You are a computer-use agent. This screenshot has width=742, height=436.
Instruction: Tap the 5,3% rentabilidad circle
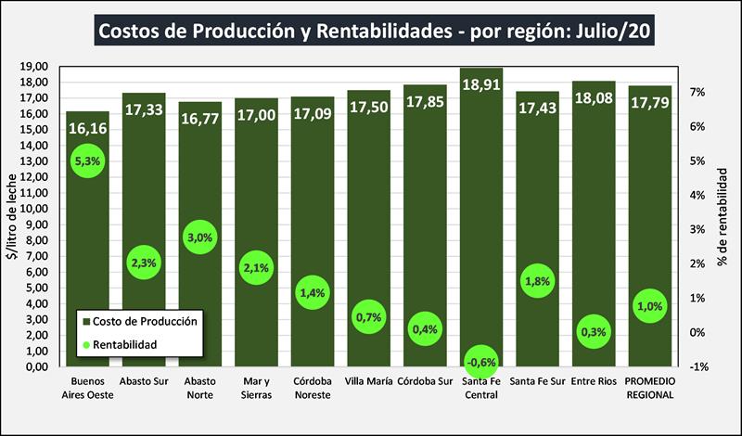tap(87, 161)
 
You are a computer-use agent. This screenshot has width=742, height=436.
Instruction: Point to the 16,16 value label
tap(87, 127)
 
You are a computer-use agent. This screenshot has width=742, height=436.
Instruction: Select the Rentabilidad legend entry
tap(130, 344)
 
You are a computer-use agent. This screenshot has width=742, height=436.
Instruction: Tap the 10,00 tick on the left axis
tap(33, 209)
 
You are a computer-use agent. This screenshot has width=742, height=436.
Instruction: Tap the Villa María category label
tap(368, 381)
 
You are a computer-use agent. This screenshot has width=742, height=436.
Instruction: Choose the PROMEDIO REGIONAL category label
tap(649, 388)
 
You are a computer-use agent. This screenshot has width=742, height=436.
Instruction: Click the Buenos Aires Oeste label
tap(87, 388)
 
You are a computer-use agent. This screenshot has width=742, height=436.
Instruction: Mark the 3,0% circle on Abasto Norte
tap(200, 237)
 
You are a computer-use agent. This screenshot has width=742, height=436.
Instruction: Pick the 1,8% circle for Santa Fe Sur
tap(536, 279)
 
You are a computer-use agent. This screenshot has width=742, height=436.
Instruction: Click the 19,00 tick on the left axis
tap(33, 67)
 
